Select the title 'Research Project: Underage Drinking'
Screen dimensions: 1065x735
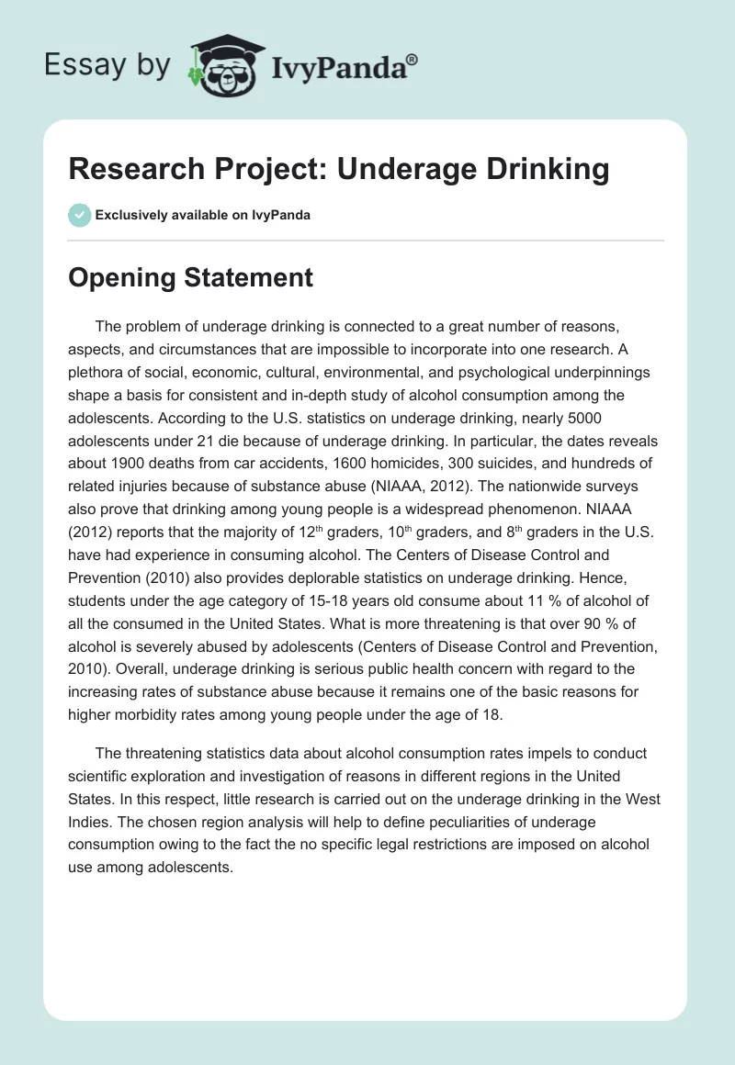pyautogui.click(x=339, y=169)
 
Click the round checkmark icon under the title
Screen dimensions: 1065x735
pyautogui.click(x=79, y=215)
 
